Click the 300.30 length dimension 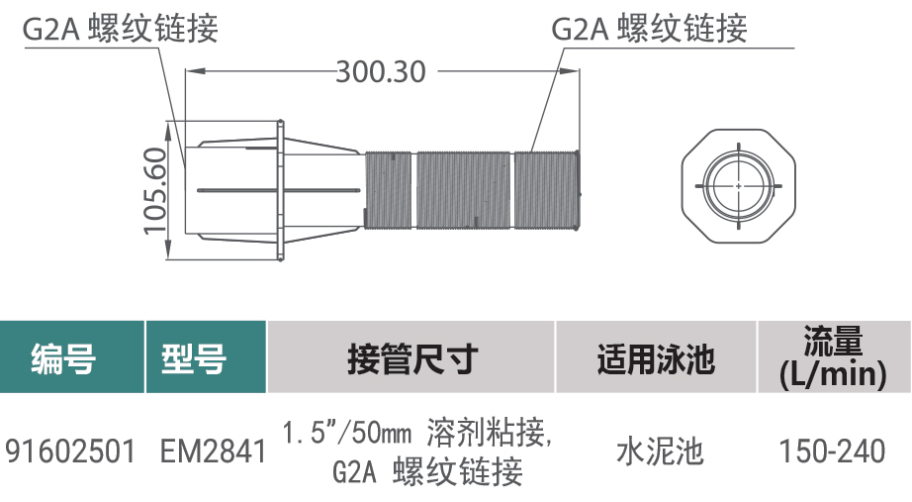pyautogui.click(x=381, y=72)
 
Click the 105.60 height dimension pyautogui.click(x=155, y=190)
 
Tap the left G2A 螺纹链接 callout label pyautogui.click(x=121, y=28)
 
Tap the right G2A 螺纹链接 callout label pyautogui.click(x=649, y=28)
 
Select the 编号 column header pyautogui.click(x=64, y=358)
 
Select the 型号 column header pyautogui.click(x=194, y=358)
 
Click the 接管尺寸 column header pyautogui.click(x=412, y=358)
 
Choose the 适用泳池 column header pyautogui.click(x=656, y=358)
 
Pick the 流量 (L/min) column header pyautogui.click(x=833, y=357)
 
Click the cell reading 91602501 pyautogui.click(x=70, y=452)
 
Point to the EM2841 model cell pyautogui.click(x=213, y=452)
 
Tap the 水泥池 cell pyautogui.click(x=660, y=452)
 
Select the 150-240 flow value pyautogui.click(x=832, y=452)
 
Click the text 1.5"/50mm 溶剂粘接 pyautogui.click(x=416, y=433)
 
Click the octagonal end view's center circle pyautogui.click(x=739, y=186)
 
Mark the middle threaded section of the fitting pyautogui.click(x=464, y=190)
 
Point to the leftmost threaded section pyautogui.click(x=389, y=190)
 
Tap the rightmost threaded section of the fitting pyautogui.click(x=547, y=190)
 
